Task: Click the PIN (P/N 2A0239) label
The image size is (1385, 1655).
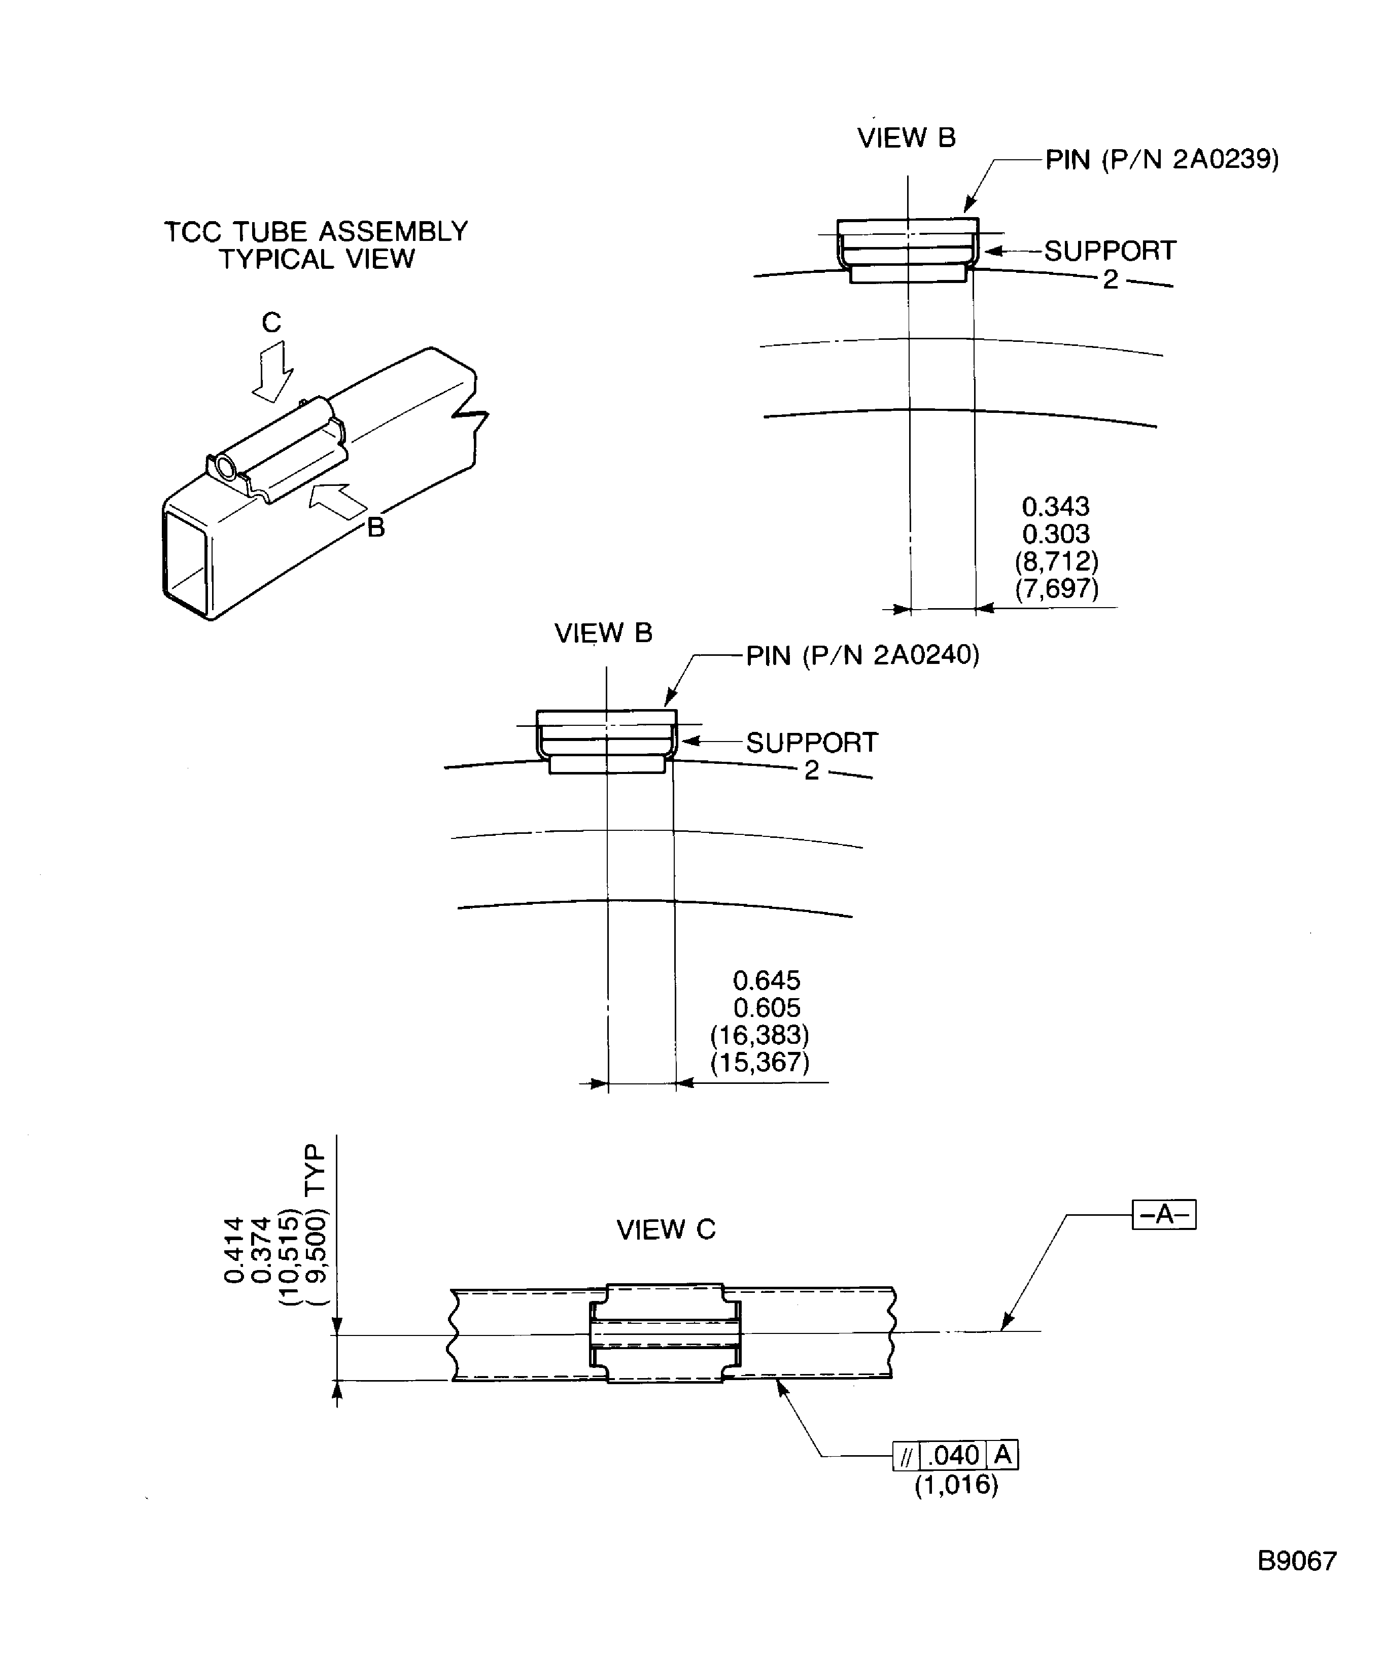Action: pos(1161,160)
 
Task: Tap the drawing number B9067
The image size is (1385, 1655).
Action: pos(1297,1561)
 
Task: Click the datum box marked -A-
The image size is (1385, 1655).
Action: pos(1163,1214)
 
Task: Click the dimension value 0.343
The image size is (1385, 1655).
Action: pos(1056,506)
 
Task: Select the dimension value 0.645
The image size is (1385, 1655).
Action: pos(766,980)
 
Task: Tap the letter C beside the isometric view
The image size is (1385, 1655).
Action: pos(271,323)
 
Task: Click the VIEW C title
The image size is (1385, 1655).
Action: pos(666,1229)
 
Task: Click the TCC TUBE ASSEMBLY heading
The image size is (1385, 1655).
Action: pos(316,232)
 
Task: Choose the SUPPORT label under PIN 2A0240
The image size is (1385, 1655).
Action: pos(812,743)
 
